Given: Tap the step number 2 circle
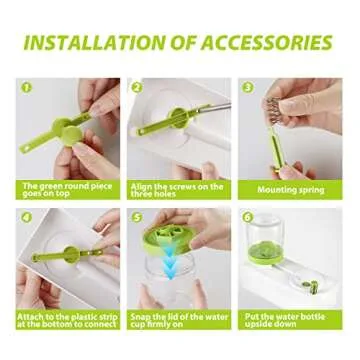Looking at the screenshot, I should [x=137, y=88].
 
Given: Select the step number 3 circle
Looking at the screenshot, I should [x=248, y=88].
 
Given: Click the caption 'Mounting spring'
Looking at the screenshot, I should [x=290, y=189].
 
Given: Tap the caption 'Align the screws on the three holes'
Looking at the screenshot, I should [x=178, y=189].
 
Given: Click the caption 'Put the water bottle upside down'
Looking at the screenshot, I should [x=290, y=319].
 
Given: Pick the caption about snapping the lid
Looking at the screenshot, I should [x=178, y=319].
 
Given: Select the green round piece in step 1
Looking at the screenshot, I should [x=62, y=129].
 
